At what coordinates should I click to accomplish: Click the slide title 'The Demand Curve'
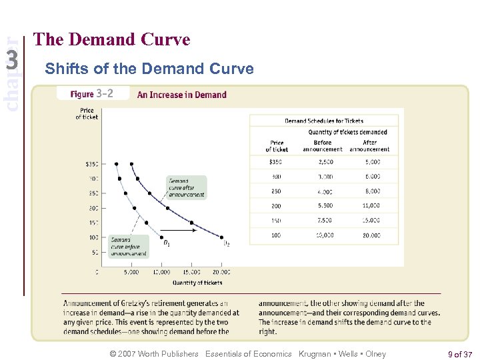point(112,40)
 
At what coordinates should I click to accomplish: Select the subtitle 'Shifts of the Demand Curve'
point(149,69)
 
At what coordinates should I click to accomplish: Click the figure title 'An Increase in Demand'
point(181,95)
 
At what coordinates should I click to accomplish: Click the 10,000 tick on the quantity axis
point(161,272)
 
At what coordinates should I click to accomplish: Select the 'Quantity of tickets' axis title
point(197,283)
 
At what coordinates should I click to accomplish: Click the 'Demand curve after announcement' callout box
point(187,187)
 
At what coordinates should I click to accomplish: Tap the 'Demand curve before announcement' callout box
point(129,246)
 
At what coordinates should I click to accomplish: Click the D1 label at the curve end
point(167,244)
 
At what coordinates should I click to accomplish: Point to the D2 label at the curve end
point(227,244)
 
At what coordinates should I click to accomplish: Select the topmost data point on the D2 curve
point(132,163)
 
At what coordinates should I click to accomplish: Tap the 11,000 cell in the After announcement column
point(371,206)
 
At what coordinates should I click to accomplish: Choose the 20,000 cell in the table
point(371,235)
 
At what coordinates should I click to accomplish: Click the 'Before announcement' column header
point(322,145)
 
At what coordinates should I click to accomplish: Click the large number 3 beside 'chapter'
point(12,61)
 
